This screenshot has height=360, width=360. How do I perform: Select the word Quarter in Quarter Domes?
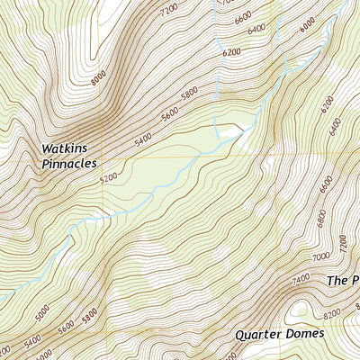tap(259, 334)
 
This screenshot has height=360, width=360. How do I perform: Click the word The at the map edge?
tap(337, 281)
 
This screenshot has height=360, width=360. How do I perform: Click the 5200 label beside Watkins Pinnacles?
tap(109, 178)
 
